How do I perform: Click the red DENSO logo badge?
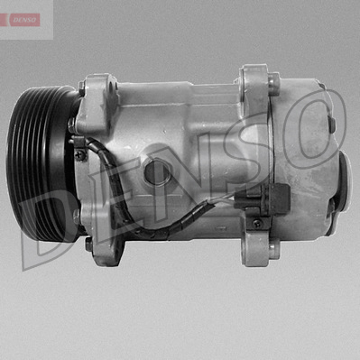tap(20, 20)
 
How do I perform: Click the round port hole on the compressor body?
tap(158, 172)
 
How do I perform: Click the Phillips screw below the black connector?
tap(257, 223)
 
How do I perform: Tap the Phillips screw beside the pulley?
tap(79, 155)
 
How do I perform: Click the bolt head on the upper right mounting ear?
tap(273, 81)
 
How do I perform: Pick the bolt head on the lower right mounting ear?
tap(274, 251)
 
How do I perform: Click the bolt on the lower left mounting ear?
tap(88, 244)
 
